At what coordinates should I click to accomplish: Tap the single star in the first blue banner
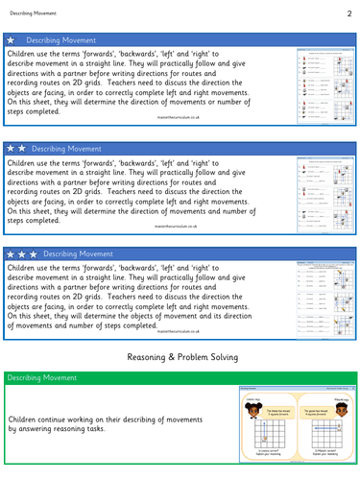point(12,42)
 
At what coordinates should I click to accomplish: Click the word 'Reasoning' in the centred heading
point(150,358)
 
